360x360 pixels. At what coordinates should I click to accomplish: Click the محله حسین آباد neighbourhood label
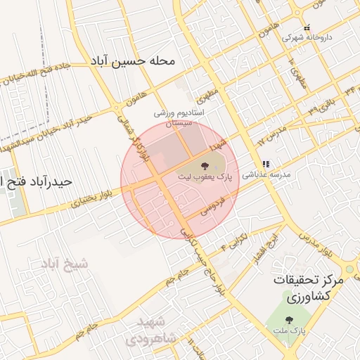point(132,61)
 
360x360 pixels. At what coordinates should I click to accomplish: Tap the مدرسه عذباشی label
point(266,176)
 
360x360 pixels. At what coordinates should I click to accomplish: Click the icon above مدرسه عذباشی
point(266,165)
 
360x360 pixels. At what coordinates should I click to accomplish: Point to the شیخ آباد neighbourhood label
point(65,264)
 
